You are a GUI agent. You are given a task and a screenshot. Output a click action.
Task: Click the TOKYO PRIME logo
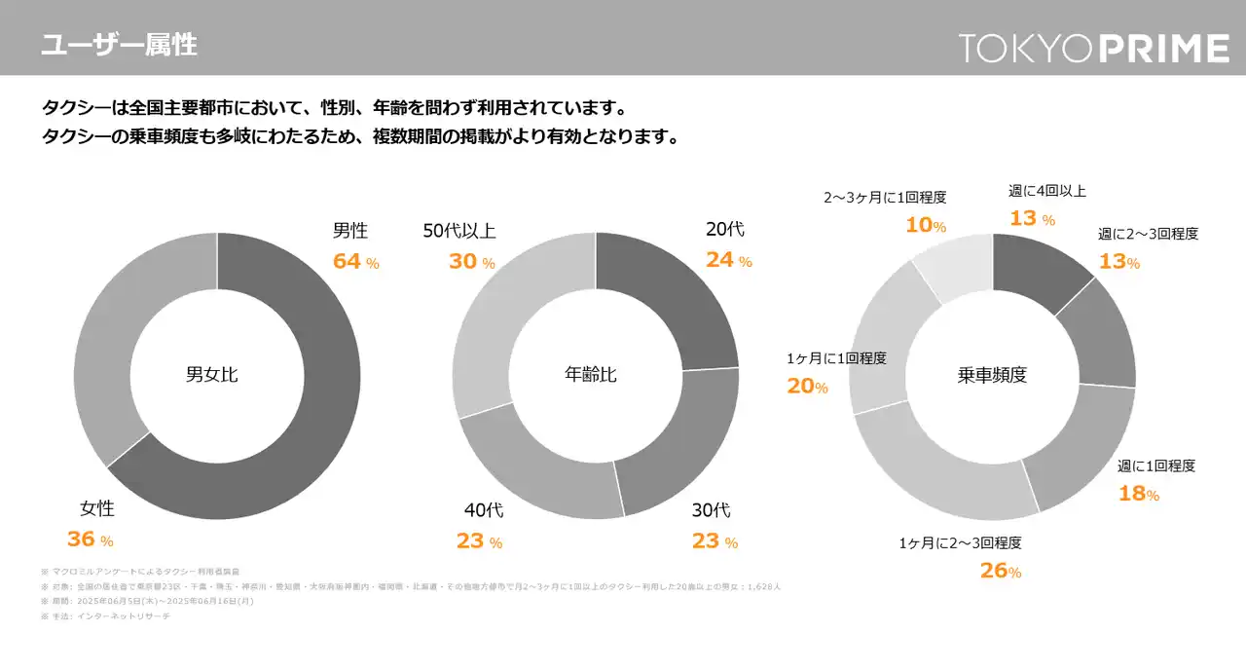click(1093, 48)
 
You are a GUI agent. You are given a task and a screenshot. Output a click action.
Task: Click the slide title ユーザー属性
click(119, 44)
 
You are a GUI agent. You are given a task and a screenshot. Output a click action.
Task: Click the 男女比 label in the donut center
click(212, 375)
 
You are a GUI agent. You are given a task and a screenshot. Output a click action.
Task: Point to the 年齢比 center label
click(591, 375)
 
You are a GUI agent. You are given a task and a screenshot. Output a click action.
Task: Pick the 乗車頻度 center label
click(992, 375)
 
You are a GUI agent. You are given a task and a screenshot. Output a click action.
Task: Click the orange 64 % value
click(355, 261)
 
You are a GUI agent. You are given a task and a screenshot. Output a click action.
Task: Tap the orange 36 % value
click(90, 540)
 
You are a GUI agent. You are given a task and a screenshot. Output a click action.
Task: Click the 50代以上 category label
click(459, 232)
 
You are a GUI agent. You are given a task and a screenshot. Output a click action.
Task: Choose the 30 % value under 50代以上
click(471, 261)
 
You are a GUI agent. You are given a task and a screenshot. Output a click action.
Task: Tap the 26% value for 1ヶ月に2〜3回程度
click(1001, 572)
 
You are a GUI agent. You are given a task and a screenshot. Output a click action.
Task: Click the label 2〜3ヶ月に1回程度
click(885, 198)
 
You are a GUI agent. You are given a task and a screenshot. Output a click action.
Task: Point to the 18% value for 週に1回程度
click(1138, 494)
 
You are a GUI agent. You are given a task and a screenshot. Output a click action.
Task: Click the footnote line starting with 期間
click(147, 602)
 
